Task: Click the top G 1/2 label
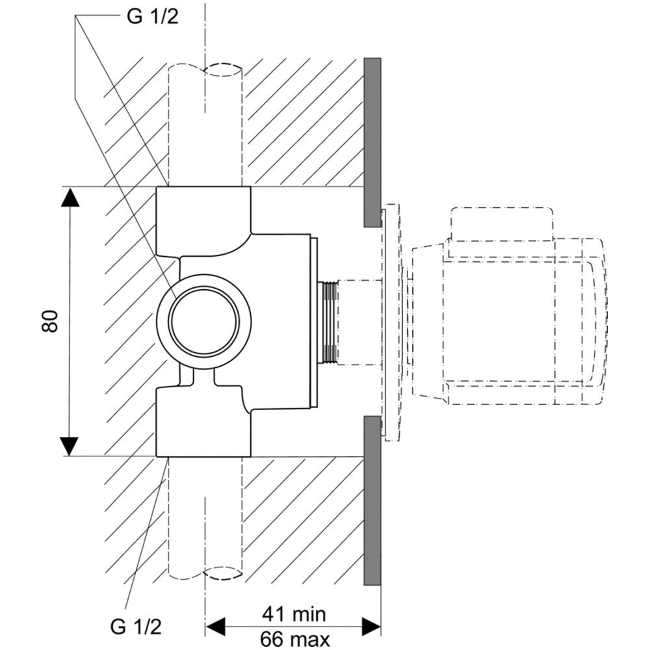tap(153, 16)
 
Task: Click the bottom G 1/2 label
tap(136, 626)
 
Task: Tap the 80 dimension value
tap(50, 320)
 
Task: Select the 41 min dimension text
tap(294, 614)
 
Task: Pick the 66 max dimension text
tap(294, 640)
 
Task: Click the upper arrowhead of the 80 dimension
tap(70, 198)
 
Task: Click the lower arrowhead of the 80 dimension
tap(70, 446)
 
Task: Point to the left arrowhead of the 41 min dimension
tap(216, 627)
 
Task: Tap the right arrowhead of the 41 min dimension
tap(371, 627)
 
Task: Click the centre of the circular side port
tap(204, 320)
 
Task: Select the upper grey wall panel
tap(372, 142)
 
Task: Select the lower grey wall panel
tap(372, 500)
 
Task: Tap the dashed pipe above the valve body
tap(205, 125)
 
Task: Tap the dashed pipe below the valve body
tap(205, 518)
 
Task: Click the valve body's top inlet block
tap(203, 220)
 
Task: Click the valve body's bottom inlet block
tap(203, 421)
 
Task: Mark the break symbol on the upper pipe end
tap(224, 70)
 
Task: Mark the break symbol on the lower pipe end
tap(224, 573)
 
